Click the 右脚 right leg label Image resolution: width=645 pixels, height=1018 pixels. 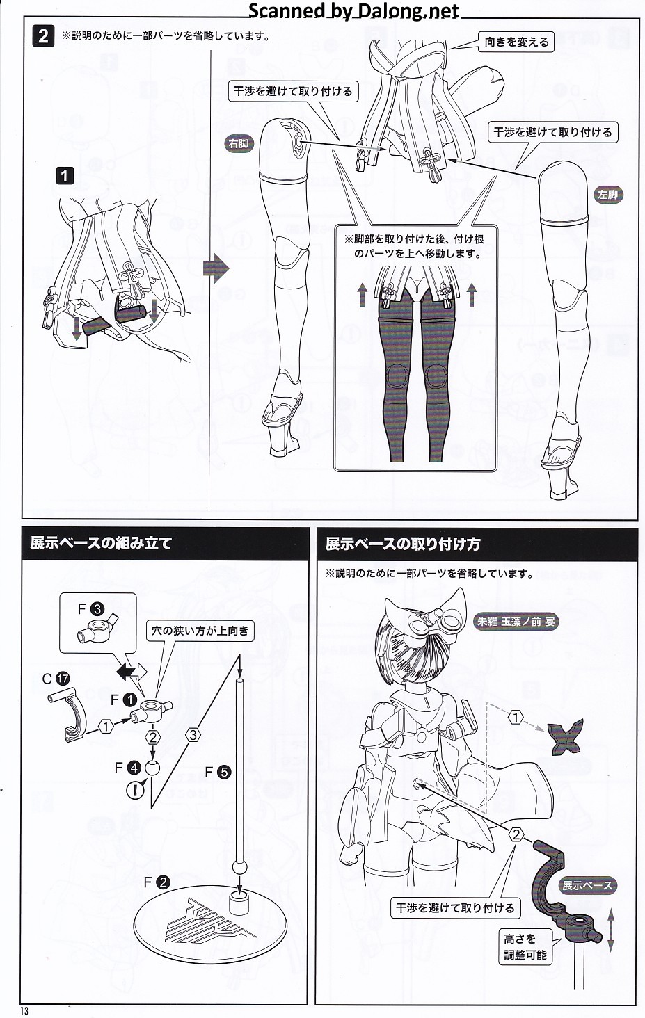click(x=239, y=144)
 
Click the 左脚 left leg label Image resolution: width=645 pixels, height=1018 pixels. click(x=607, y=195)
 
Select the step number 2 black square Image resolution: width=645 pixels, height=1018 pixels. click(x=43, y=36)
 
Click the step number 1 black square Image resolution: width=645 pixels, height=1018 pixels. click(x=65, y=175)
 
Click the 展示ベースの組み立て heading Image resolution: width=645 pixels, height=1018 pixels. click(x=100, y=543)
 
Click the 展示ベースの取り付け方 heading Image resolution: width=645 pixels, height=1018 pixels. click(x=403, y=544)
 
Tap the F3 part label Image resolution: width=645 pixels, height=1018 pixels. click(x=91, y=609)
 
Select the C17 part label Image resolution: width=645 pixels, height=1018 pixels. click(x=56, y=679)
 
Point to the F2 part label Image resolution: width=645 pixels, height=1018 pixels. click(x=157, y=882)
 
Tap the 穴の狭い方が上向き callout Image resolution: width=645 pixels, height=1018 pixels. click(x=200, y=631)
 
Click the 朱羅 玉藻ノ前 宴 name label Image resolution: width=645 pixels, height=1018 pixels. click(x=516, y=621)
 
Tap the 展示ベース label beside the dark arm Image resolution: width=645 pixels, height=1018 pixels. click(x=587, y=885)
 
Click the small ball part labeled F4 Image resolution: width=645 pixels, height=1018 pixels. click(x=152, y=768)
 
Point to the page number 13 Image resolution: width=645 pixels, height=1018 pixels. click(x=24, y=1011)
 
